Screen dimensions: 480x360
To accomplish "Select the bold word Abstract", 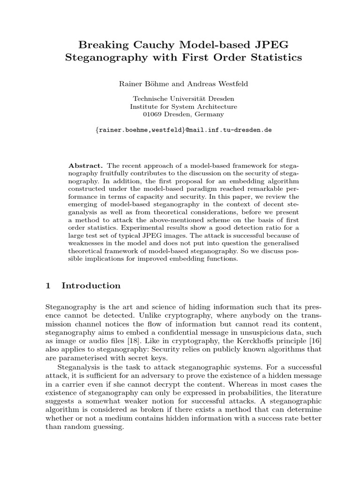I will pyautogui.click(x=85, y=166).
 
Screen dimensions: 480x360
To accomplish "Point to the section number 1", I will pyautogui.click(x=48, y=285).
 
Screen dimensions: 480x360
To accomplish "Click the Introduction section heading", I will pyautogui.click(x=91, y=285).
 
